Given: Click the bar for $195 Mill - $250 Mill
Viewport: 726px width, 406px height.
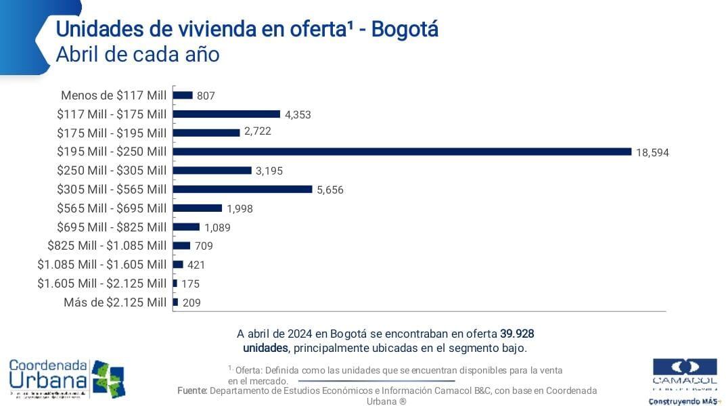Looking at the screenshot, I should click(x=402, y=152).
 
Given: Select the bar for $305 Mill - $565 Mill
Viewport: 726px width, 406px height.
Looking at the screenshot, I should click(x=242, y=189).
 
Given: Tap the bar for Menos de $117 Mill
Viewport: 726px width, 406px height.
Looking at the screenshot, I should click(x=183, y=95).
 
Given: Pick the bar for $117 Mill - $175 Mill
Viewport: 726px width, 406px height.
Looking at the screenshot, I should click(x=227, y=114).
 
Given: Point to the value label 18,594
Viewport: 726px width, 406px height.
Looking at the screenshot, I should click(x=652, y=153).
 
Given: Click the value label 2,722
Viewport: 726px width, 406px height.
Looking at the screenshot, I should click(x=258, y=131).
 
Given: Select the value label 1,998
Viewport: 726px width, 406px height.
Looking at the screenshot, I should click(x=240, y=208).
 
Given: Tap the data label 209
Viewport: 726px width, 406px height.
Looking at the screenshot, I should click(x=191, y=302).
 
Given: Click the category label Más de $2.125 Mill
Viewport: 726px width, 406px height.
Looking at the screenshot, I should click(x=114, y=302).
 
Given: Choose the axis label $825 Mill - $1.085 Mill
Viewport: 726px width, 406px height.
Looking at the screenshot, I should click(x=106, y=246).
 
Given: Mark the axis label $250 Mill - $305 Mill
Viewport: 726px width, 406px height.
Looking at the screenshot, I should click(x=112, y=171).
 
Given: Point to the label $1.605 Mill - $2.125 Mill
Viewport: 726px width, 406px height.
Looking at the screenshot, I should click(x=101, y=283).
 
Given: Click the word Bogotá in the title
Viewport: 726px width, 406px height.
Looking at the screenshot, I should click(x=405, y=29).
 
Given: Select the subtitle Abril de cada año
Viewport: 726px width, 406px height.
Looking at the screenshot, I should click(x=137, y=54).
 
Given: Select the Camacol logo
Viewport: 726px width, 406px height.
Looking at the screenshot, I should click(x=684, y=379).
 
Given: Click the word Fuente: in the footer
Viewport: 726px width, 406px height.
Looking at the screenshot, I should click(x=192, y=390).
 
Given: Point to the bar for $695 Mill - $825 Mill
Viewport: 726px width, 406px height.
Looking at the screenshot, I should click(x=186, y=227).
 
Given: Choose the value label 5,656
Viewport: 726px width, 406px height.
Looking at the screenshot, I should click(x=330, y=190).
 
